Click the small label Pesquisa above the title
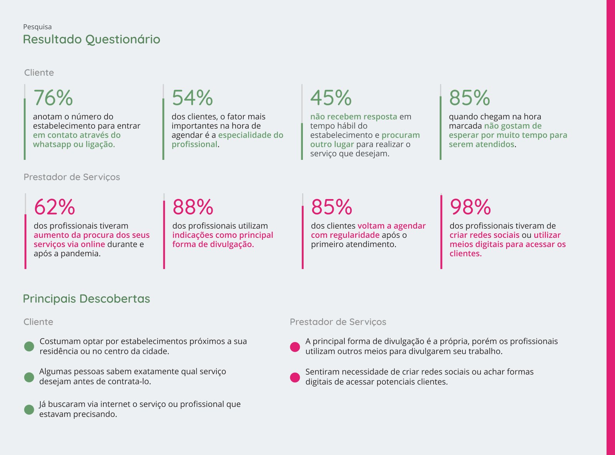pyautogui.click(x=37, y=27)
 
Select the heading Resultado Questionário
pyautogui.click(x=91, y=39)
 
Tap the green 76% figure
pyautogui.click(x=53, y=98)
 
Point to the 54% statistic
pyautogui.click(x=192, y=98)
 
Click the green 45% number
pyautogui.click(x=331, y=98)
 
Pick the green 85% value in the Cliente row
pyautogui.click(x=469, y=98)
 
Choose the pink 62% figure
pyautogui.click(x=54, y=207)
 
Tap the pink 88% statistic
pyautogui.click(x=193, y=207)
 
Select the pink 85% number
pyautogui.click(x=332, y=207)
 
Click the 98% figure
pyautogui.click(x=470, y=207)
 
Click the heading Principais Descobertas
pyautogui.click(x=86, y=299)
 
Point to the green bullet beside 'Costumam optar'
pyautogui.click(x=29, y=346)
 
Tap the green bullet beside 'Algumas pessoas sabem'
pyautogui.click(x=29, y=377)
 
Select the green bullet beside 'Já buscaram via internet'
pyautogui.click(x=29, y=410)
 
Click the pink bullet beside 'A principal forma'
pyautogui.click(x=295, y=347)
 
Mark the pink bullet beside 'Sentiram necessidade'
pyautogui.click(x=295, y=377)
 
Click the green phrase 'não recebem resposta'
pyautogui.click(x=354, y=117)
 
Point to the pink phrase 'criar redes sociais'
pyautogui.click(x=484, y=235)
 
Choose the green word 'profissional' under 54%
pyautogui.click(x=194, y=144)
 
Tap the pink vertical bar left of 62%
pyautogui.click(x=25, y=241)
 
